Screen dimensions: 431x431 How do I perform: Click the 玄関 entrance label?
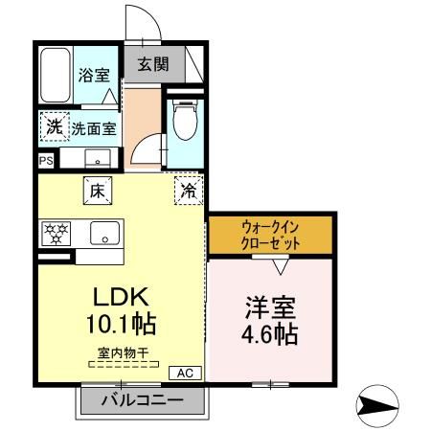tap(151, 65)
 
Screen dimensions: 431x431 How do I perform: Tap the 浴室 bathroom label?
tap(93, 74)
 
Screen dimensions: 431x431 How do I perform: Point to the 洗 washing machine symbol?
tap(55, 126)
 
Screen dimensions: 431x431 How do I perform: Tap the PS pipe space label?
tap(45, 161)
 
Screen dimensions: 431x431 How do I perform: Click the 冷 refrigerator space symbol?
tap(190, 190)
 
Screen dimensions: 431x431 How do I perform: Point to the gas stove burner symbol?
tap(55, 233)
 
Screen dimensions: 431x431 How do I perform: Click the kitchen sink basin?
tap(102, 233)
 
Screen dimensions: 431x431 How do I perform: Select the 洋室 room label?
tap(271, 308)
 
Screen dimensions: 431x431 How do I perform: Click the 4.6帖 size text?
tap(271, 335)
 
